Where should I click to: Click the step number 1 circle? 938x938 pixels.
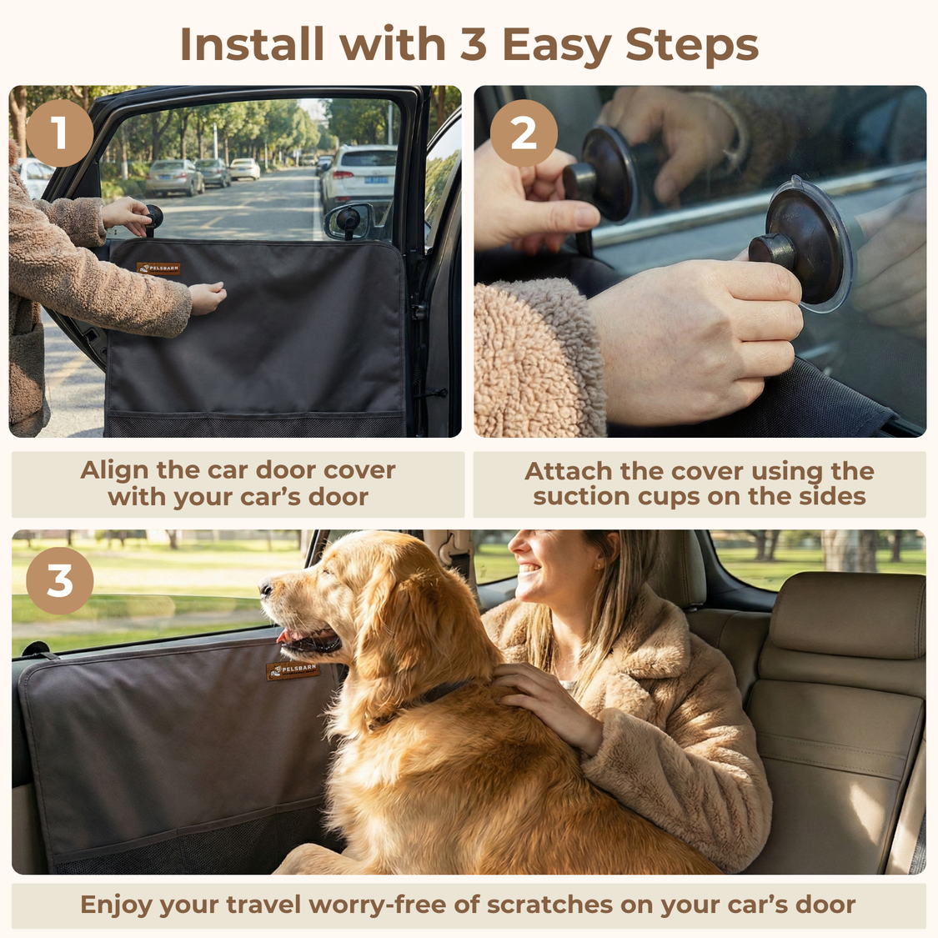(x=59, y=133)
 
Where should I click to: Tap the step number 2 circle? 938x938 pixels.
(x=523, y=133)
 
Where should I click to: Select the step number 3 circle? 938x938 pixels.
(x=59, y=580)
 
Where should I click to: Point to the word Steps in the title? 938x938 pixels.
(x=692, y=44)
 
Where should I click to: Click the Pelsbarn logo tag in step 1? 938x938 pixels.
(x=158, y=268)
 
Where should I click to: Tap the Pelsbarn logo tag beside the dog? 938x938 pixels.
(x=293, y=670)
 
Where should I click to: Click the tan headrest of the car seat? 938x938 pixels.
(x=846, y=613)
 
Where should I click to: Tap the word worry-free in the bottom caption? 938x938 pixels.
(x=377, y=905)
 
